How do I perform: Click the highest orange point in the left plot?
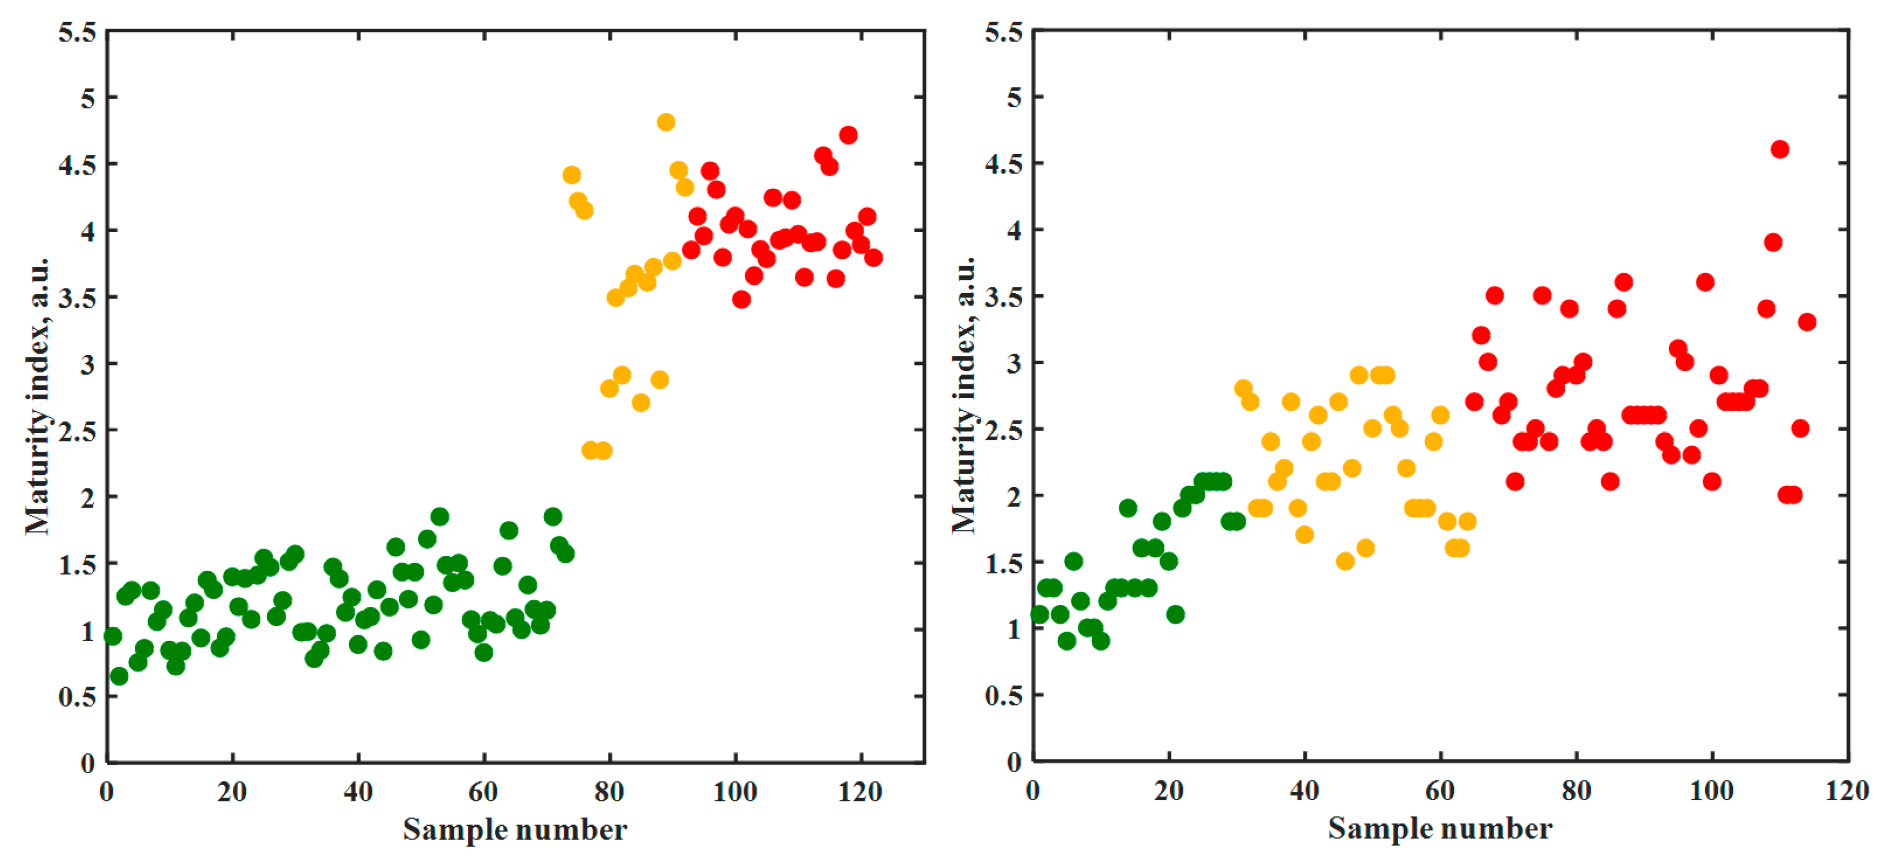point(665,122)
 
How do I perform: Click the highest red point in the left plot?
point(848,135)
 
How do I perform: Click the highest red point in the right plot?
point(1780,149)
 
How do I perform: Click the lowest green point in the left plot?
point(119,676)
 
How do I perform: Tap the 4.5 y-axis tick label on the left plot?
point(77,165)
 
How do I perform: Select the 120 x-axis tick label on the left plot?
point(860,791)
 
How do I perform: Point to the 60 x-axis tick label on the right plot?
point(1440,791)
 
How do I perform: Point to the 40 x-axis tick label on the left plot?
point(358,791)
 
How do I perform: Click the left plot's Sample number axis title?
point(515,830)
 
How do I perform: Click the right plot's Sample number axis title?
point(1440,830)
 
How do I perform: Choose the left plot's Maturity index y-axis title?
point(37,396)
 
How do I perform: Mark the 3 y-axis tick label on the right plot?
point(1014,364)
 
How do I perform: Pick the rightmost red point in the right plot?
point(1807,322)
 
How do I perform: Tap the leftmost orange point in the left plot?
point(572,175)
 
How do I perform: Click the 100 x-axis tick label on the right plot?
point(1712,791)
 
